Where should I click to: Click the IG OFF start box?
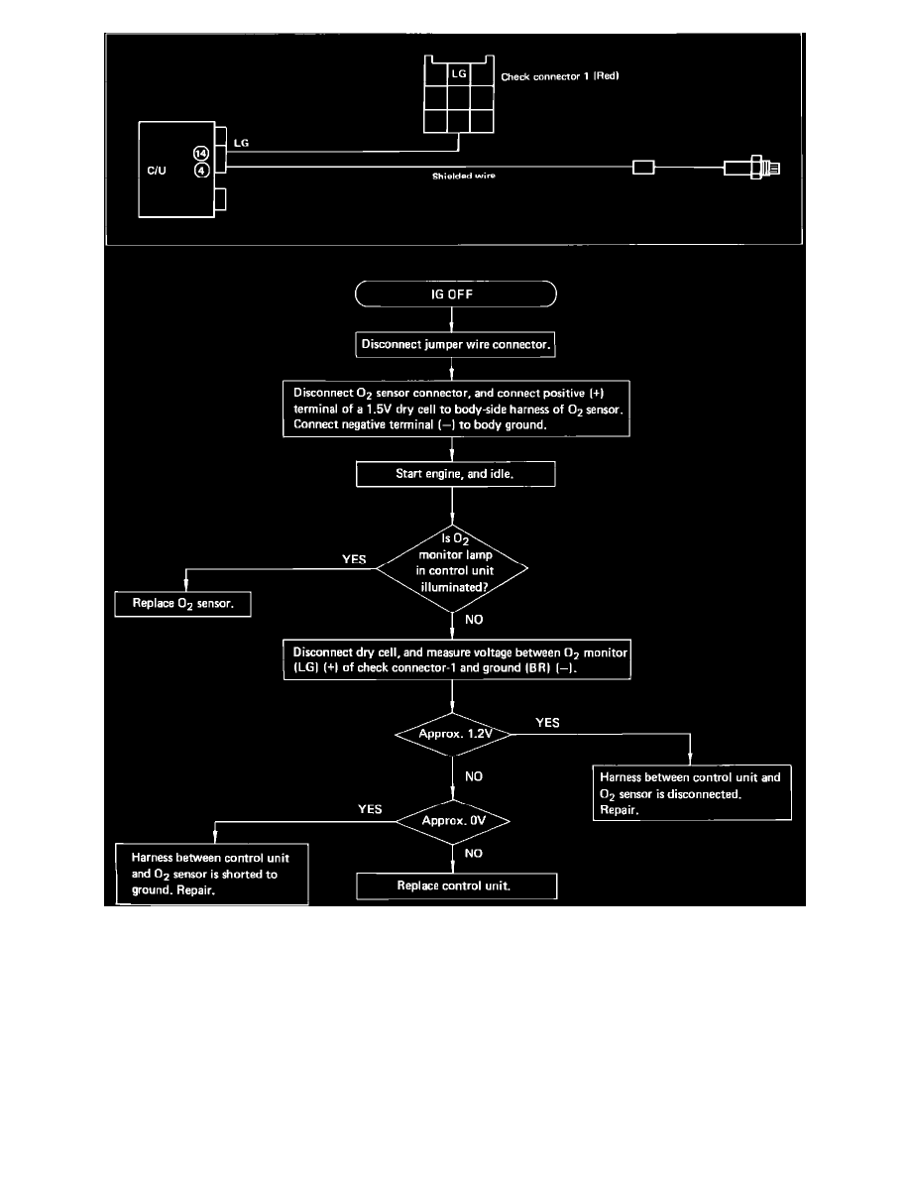[x=455, y=295]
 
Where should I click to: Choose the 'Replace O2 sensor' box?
[x=183, y=603]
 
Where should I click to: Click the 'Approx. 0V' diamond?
[x=452, y=821]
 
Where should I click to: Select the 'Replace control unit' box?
[x=456, y=885]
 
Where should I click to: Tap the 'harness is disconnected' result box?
[x=691, y=792]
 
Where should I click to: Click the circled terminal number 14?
[x=201, y=153]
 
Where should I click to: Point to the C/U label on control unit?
[x=158, y=170]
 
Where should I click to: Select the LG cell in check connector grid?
[x=460, y=75]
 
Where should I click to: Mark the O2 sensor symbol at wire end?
[x=754, y=168]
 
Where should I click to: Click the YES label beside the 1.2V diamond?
[x=547, y=723]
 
